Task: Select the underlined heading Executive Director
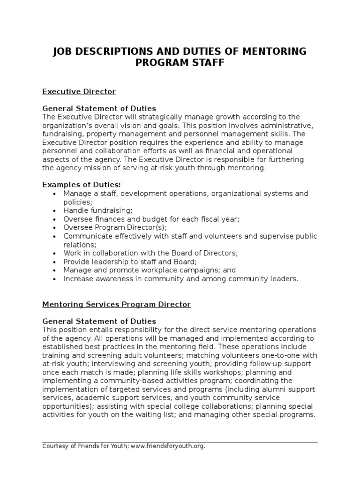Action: (x=79, y=91)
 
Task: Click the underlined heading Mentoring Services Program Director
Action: (x=116, y=304)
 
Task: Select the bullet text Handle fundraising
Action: (x=98, y=210)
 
